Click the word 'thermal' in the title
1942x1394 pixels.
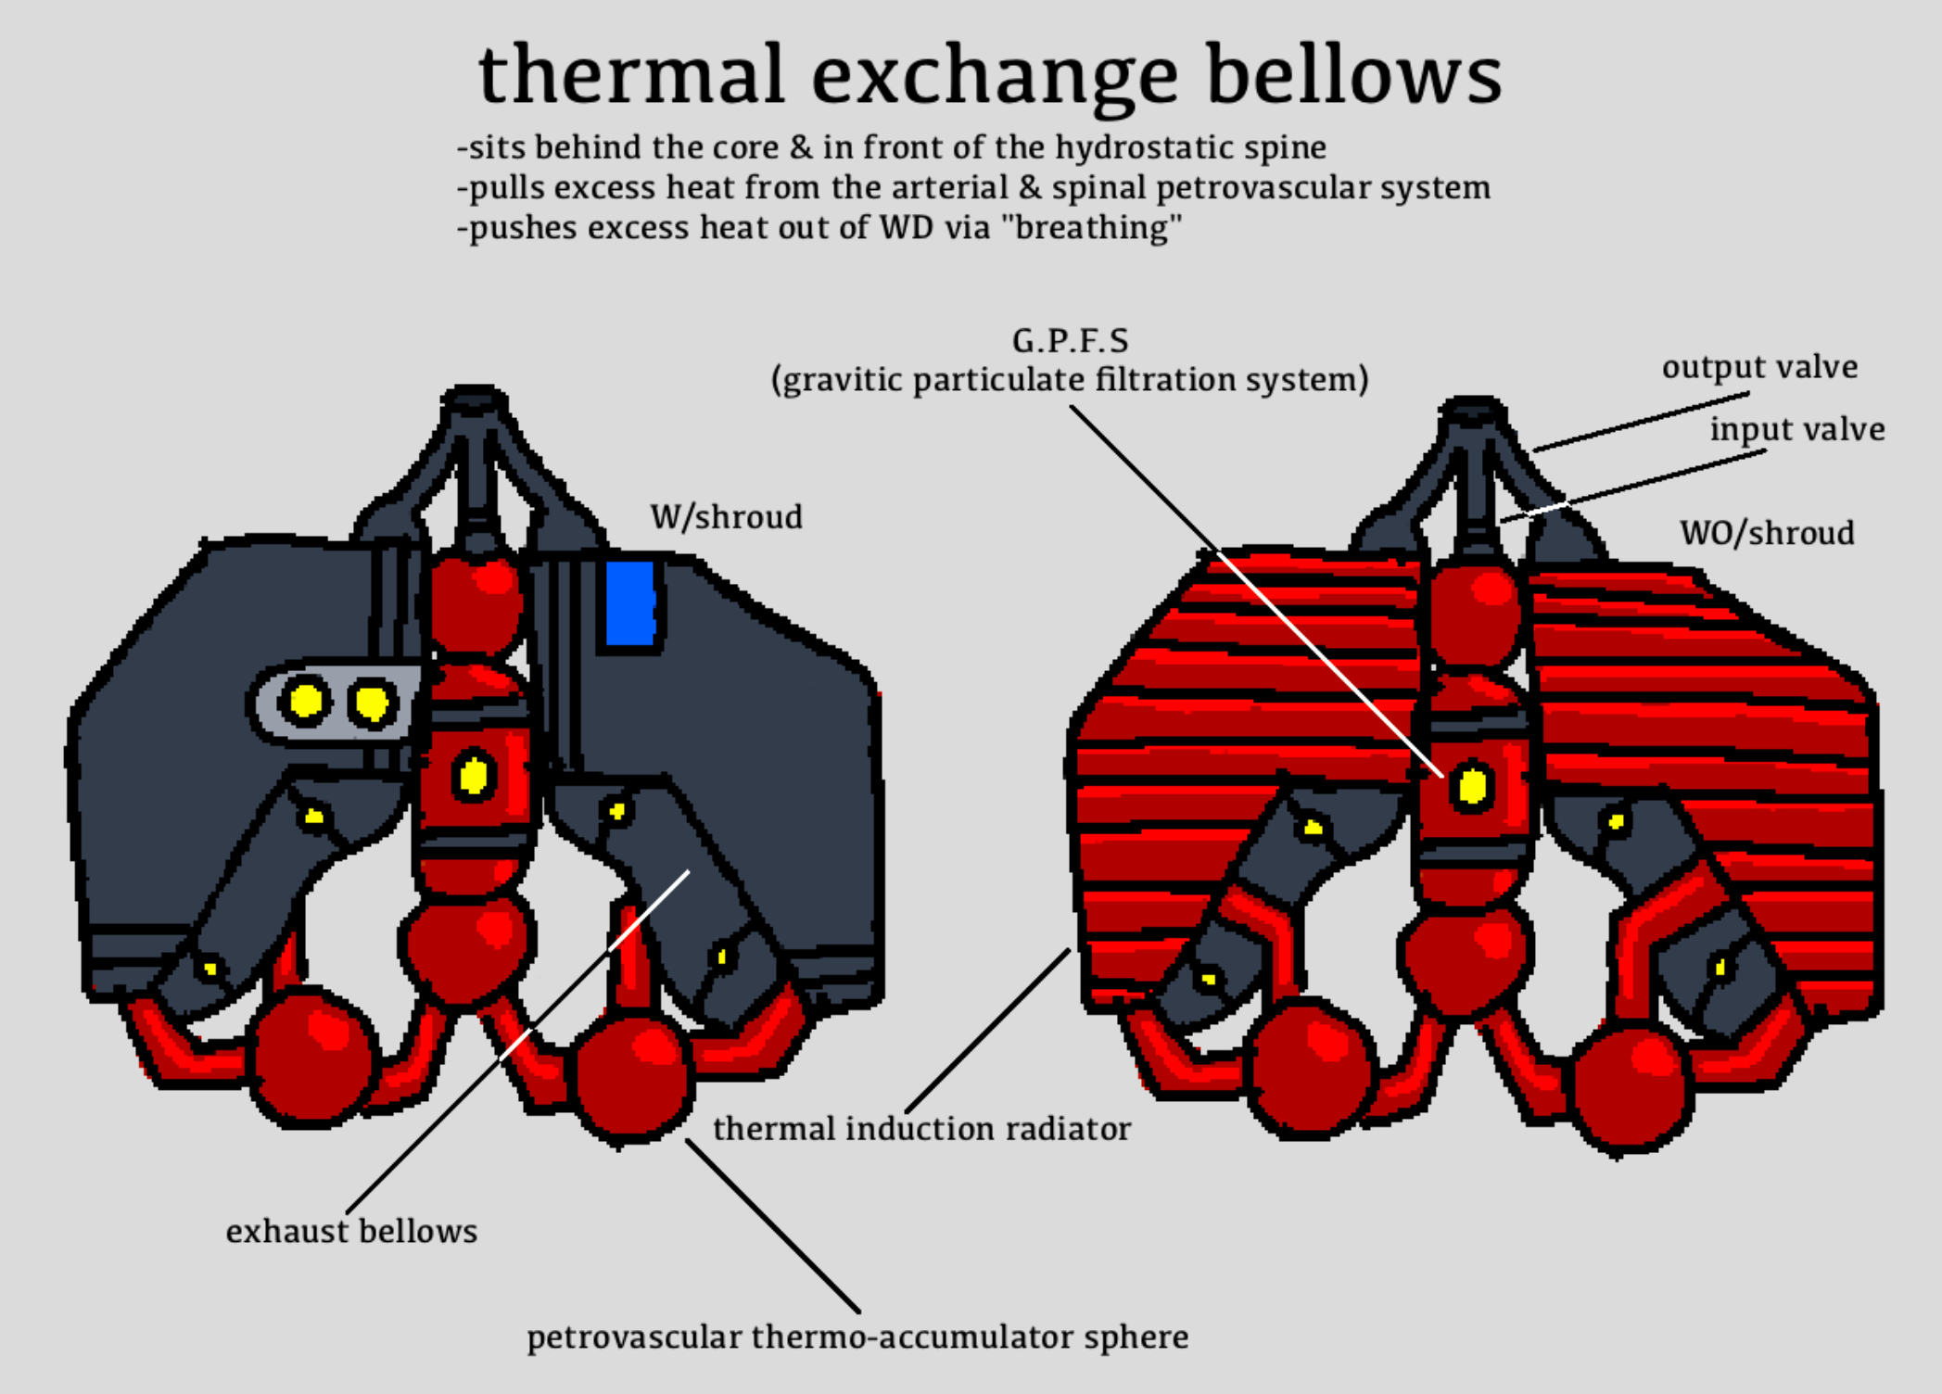coord(631,74)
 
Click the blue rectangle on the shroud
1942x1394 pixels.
coord(630,602)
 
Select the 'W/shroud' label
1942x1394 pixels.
coord(726,517)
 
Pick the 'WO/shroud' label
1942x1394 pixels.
coord(1767,533)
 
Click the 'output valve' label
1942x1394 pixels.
coord(1759,367)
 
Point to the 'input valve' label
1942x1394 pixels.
coord(1796,429)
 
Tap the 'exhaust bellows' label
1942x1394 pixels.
coord(351,1231)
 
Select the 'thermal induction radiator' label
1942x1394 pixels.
coord(921,1128)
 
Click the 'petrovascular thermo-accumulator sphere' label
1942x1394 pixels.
coord(857,1337)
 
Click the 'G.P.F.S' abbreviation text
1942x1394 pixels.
coord(1070,341)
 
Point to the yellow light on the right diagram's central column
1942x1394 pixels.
coord(1472,786)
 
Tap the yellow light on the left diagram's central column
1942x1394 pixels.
coord(474,775)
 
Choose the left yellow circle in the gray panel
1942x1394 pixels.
coord(305,701)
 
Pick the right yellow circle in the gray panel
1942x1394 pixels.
coord(372,703)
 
